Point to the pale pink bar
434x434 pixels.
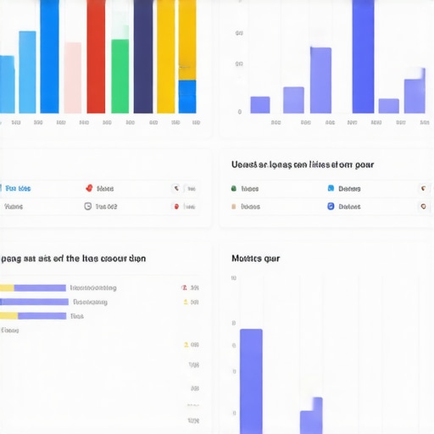coord(73,77)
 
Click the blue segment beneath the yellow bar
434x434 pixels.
coord(187,96)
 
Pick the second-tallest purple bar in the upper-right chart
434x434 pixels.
coord(320,80)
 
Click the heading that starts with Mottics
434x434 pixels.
coord(255,258)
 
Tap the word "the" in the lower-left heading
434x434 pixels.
coord(73,258)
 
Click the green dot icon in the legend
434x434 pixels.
coord(234,188)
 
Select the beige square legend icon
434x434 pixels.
coord(234,206)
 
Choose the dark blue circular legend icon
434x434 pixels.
coord(331,206)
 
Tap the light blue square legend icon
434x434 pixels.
coord(331,188)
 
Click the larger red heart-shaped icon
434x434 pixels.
coord(89,188)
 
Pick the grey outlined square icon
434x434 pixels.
coord(87,206)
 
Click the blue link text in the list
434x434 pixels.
coord(18,188)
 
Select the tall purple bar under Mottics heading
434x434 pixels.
coord(251,381)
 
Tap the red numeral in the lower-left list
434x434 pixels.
coord(184,287)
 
